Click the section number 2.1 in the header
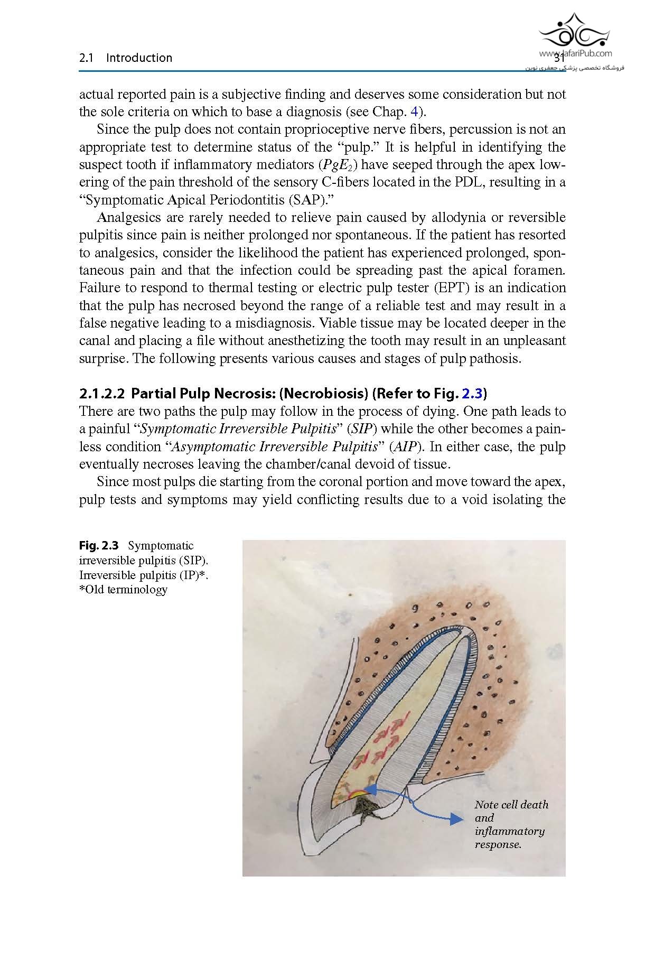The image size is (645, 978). [x=86, y=58]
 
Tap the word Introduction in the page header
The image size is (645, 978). [x=139, y=58]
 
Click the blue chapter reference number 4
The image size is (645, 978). [x=414, y=112]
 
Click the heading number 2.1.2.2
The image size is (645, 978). [x=101, y=394]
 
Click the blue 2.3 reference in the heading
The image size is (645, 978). [x=472, y=394]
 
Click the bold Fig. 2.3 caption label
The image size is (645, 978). [x=99, y=546]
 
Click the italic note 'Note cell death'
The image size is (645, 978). [x=511, y=805]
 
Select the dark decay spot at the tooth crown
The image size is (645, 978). [x=364, y=806]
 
